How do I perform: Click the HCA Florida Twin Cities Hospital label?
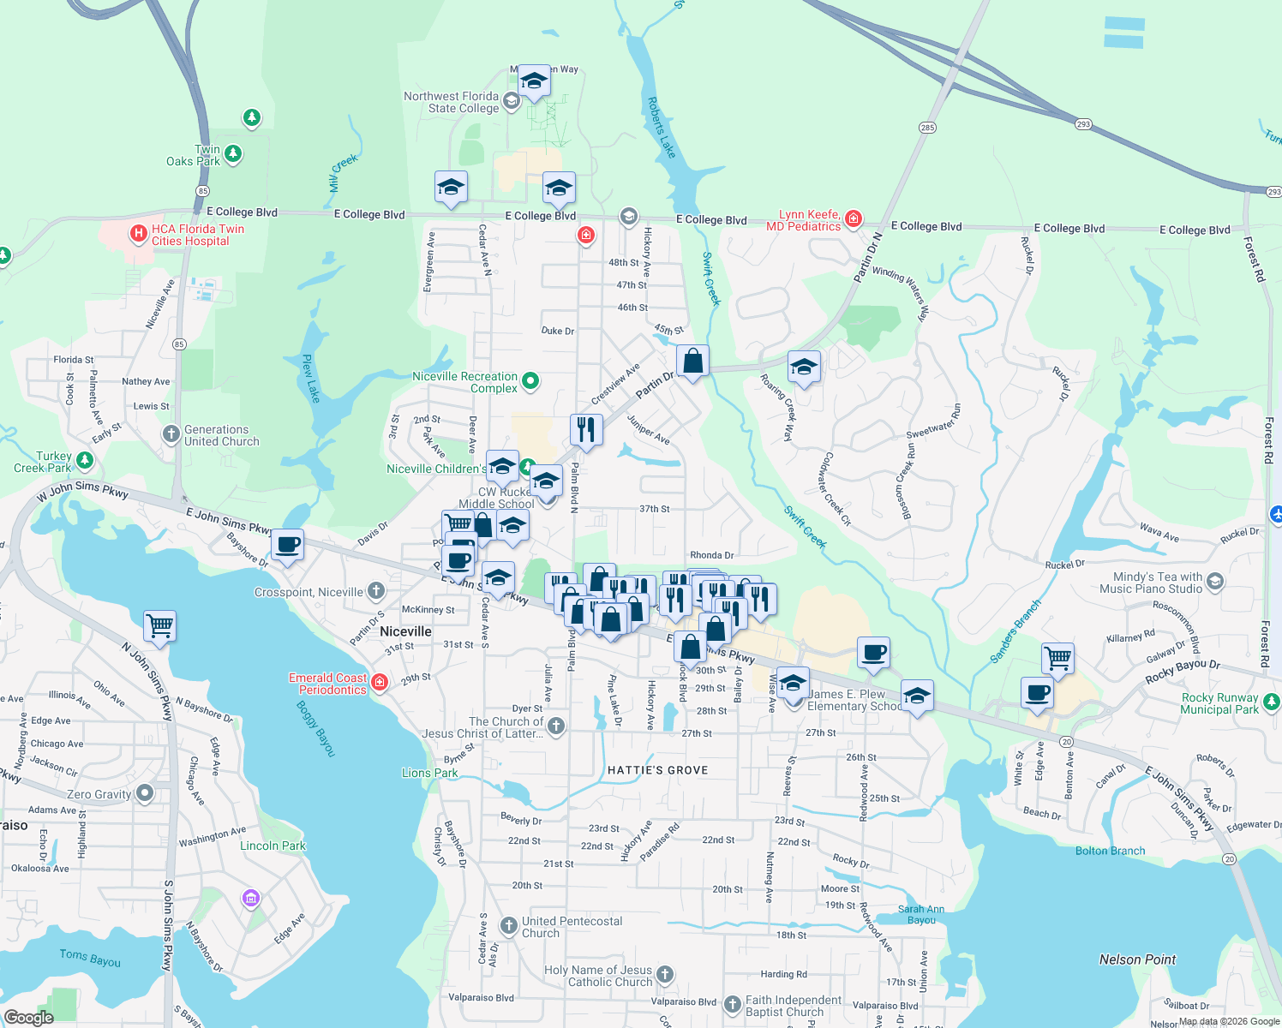point(197,236)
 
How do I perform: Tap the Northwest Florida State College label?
point(451,103)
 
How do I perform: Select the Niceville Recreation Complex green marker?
point(530,381)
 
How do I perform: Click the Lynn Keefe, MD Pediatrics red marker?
point(853,219)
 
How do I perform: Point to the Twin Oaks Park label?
point(194,155)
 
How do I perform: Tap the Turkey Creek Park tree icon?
point(84,461)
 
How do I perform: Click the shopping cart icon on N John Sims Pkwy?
point(160,626)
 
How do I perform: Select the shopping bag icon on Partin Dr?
point(692,362)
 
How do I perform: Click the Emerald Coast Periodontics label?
point(328,684)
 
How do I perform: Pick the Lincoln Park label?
point(273,846)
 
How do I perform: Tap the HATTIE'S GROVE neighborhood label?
point(657,770)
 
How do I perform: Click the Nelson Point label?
point(1137,959)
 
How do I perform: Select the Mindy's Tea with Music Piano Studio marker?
point(1214,583)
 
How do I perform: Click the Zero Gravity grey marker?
point(145,793)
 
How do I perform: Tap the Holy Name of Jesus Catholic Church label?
point(598,976)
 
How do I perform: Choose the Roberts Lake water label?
point(661,128)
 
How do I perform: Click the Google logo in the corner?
point(28,1017)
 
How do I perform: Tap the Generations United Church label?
point(221,436)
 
